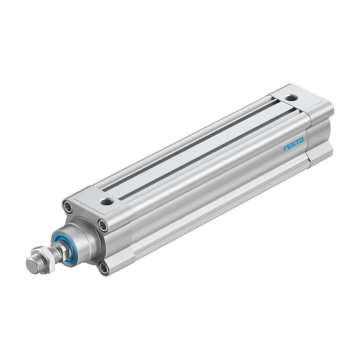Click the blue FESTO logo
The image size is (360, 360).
click(x=294, y=144)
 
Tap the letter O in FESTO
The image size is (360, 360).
click(x=301, y=140)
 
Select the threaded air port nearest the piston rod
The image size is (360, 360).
click(x=107, y=202)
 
